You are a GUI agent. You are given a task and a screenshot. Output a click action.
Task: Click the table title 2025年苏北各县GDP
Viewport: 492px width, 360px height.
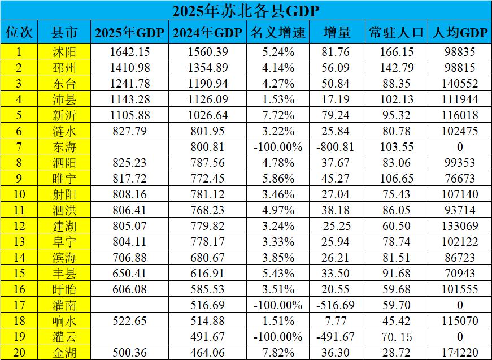pos(246,10)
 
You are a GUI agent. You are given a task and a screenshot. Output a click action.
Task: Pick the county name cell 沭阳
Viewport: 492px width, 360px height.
pos(64,52)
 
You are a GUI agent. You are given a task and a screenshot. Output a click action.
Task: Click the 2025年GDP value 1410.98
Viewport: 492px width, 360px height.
pos(130,68)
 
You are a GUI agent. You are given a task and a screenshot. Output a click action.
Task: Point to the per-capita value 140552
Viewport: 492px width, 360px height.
pos(459,84)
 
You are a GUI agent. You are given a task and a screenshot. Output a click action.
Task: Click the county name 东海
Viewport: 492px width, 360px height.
pos(64,147)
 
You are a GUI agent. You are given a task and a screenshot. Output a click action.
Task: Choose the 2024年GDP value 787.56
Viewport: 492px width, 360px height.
pos(206,163)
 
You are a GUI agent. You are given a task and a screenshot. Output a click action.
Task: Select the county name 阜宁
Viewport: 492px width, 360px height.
pos(64,242)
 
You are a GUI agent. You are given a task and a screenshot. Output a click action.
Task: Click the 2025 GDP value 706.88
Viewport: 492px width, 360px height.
pos(130,258)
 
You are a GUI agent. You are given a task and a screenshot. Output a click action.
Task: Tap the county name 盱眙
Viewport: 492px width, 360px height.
pos(64,289)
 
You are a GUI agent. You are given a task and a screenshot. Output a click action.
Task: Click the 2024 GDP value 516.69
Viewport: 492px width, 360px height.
pos(206,305)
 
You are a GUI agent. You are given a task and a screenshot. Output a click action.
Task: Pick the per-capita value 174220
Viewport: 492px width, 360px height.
pos(459,353)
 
